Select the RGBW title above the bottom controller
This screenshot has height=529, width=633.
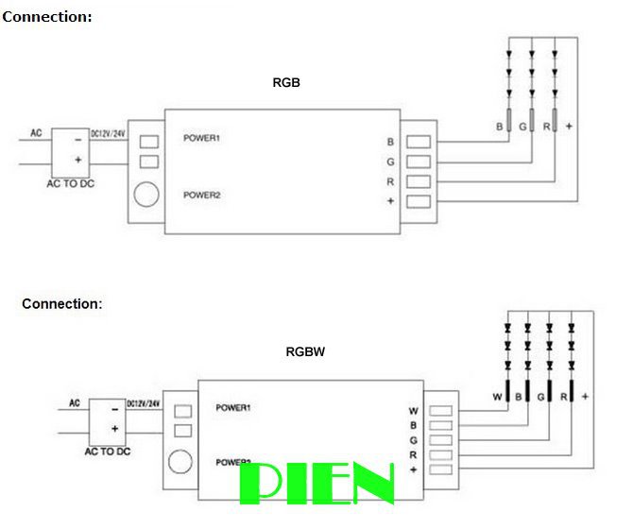pos(305,351)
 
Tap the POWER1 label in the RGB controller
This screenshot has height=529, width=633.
pos(201,139)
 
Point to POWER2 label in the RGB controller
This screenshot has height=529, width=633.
pos(201,196)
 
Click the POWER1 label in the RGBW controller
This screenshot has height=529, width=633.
pos(232,408)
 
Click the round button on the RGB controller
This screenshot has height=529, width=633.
pos(145,195)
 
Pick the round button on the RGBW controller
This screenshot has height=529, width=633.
pos(179,463)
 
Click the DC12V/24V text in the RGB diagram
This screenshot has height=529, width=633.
pos(108,134)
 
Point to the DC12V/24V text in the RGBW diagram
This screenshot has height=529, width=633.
pos(145,403)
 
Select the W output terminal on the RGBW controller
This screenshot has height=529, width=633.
pos(440,411)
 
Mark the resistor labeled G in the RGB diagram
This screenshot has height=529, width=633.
pos(532,122)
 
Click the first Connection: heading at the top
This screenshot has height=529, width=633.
pos(47,17)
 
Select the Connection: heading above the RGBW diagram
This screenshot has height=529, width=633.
pos(61,304)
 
